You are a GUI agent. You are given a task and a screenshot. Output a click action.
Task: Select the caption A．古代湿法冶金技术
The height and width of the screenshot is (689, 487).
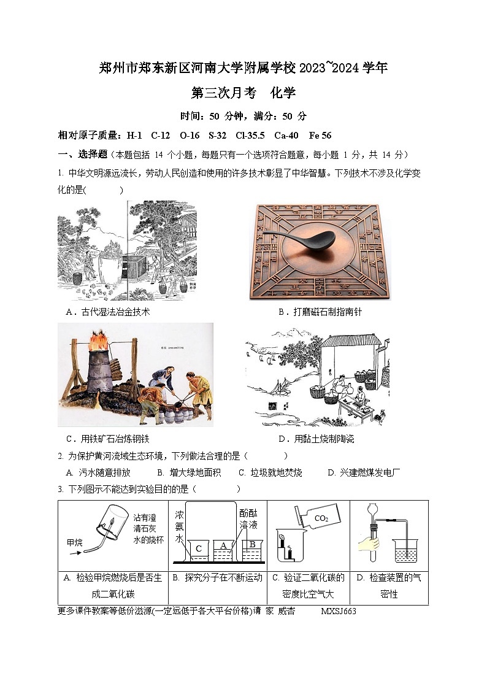tap(108, 312)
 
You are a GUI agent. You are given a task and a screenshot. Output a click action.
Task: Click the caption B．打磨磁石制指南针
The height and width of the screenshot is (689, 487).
tap(320, 312)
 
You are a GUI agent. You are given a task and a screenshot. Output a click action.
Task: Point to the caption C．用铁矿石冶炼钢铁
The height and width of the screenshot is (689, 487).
tap(107, 439)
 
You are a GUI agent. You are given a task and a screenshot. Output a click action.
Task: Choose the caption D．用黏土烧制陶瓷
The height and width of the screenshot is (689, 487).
tap(316, 439)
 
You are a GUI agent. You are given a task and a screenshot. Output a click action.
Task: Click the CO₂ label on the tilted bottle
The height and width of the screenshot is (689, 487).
tap(321, 518)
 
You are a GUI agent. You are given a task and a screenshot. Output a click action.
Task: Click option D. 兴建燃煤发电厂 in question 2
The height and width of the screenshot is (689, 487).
tap(364, 472)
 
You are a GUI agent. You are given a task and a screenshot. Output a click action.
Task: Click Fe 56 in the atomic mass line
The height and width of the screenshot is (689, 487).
tap(320, 135)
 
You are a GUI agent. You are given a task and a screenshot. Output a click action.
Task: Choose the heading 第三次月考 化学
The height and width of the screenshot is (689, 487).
tap(243, 93)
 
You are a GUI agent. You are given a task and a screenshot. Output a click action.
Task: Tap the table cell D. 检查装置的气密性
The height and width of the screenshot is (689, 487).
tap(388, 585)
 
